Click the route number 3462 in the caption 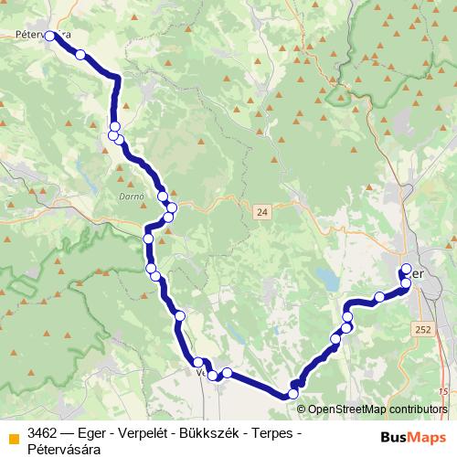point(44,432)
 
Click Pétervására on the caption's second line point(65,449)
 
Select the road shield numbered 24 point(262,211)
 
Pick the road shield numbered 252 point(421,327)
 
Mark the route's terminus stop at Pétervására point(49,37)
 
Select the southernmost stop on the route point(293,394)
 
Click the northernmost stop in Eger point(407,269)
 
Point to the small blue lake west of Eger point(324,275)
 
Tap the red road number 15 point(443,390)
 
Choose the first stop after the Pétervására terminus point(80,56)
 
